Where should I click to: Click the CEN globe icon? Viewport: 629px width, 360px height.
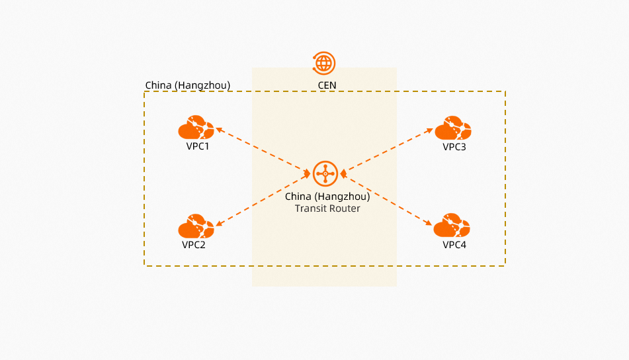tap(324, 63)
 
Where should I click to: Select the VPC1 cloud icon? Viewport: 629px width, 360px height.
tap(196, 128)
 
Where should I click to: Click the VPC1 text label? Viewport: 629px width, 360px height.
tap(198, 146)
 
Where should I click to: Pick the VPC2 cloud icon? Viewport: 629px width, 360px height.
tap(196, 226)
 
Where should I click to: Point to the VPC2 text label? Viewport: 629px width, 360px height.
tap(194, 245)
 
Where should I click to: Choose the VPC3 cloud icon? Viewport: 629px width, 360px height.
tap(452, 128)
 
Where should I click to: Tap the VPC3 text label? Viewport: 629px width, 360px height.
tap(454, 146)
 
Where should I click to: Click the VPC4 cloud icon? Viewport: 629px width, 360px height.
tap(452, 226)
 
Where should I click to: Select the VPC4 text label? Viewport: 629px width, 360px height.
tap(454, 245)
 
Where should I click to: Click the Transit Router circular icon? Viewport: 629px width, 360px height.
tap(325, 174)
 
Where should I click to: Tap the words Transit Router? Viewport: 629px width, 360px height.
tap(327, 208)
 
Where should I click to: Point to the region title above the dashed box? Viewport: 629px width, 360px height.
tap(187, 86)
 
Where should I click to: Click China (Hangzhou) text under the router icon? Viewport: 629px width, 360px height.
tap(327, 197)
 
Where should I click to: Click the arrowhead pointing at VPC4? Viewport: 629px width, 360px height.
tap(431, 225)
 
